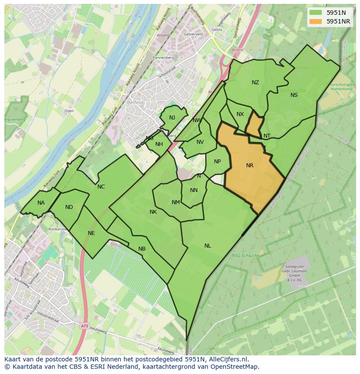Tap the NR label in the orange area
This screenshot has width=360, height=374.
pos(250,165)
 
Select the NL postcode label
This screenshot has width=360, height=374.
pos(208,246)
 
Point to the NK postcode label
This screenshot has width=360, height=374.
pos(153,212)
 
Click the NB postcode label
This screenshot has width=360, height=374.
pos(142,249)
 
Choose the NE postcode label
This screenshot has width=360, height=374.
pos(91,233)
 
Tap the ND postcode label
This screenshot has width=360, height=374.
pos(69,207)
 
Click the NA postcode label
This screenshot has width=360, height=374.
pos(41,203)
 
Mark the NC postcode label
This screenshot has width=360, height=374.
pos(101,187)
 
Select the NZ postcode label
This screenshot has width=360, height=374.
pos(255,83)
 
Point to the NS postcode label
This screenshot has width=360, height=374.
pos(294,95)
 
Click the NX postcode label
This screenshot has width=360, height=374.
pos(240,114)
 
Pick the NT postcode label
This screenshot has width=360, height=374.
pos(267,136)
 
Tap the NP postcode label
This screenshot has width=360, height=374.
pos(217,162)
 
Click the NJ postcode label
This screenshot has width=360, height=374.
pos(172,118)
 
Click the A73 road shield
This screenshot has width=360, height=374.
pos(84,325)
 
